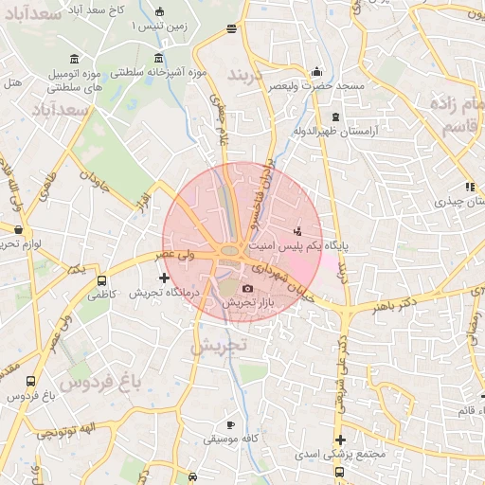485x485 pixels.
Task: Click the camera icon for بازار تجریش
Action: (x=247, y=288)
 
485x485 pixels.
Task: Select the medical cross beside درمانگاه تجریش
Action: (x=165, y=278)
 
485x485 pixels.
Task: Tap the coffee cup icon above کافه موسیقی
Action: (x=230, y=424)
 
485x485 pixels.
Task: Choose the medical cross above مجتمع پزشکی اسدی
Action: (x=340, y=440)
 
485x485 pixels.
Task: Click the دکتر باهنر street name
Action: (x=380, y=307)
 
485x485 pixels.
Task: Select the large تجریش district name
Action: (x=218, y=347)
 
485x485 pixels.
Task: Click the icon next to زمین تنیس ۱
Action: (x=159, y=12)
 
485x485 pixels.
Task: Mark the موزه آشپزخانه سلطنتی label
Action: (x=153, y=72)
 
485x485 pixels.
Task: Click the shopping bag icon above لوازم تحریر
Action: (x=18, y=229)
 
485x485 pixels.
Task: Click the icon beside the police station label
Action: (x=298, y=230)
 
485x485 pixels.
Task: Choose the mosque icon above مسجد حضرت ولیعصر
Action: (x=316, y=71)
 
